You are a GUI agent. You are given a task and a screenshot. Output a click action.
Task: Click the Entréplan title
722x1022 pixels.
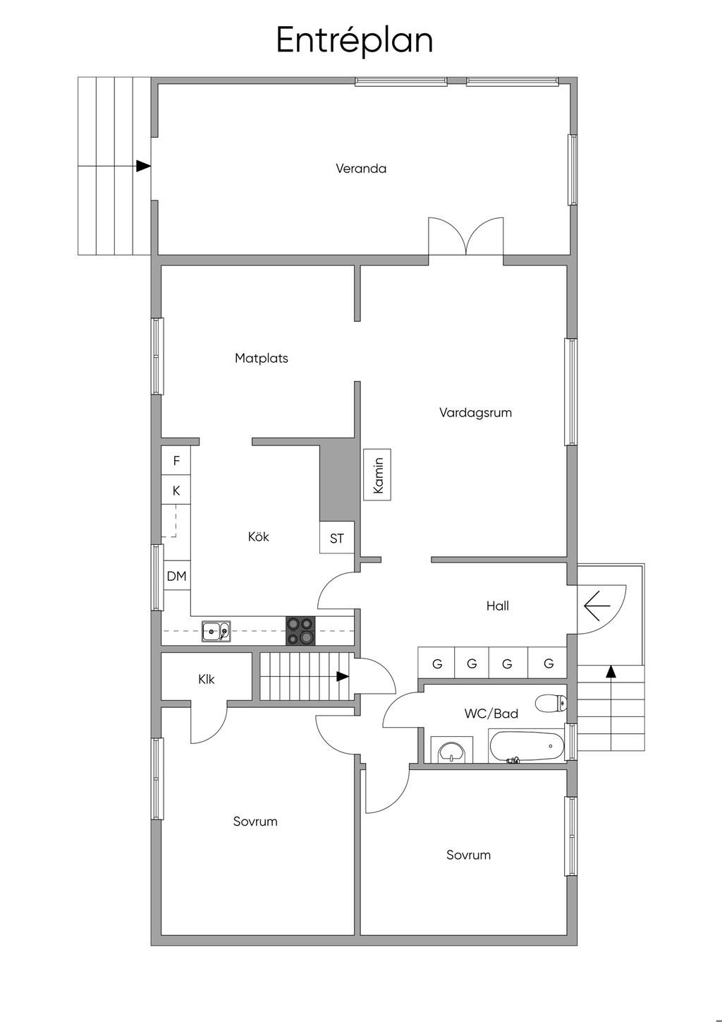[x=354, y=40]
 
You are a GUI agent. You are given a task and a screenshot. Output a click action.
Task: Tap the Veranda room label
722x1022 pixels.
[x=361, y=169]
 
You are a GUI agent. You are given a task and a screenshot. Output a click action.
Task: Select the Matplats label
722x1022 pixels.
[x=261, y=358]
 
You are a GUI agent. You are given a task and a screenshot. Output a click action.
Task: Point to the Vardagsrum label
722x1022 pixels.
[x=475, y=412]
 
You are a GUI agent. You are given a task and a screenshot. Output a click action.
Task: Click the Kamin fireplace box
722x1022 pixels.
[x=377, y=474]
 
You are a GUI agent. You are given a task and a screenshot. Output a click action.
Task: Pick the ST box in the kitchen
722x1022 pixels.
[x=337, y=537]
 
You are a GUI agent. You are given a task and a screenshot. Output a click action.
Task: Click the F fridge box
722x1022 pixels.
[x=176, y=460]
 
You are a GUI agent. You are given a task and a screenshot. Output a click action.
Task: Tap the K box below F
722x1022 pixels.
[x=176, y=490]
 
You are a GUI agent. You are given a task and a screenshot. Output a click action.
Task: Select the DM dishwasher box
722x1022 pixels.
[x=177, y=575]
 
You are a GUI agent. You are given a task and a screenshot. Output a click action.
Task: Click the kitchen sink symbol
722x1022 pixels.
[x=216, y=632]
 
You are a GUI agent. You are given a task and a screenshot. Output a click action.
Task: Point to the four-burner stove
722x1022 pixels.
[x=300, y=630]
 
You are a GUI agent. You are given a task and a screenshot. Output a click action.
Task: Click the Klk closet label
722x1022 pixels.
[x=206, y=680]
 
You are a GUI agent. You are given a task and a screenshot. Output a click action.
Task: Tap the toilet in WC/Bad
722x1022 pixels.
[x=551, y=703]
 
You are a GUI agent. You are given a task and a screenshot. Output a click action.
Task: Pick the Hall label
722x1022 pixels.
[x=497, y=606]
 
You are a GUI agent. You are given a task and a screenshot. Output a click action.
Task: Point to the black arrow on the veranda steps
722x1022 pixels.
[x=143, y=166]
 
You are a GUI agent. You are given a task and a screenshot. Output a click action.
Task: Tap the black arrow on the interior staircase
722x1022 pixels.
[x=342, y=676]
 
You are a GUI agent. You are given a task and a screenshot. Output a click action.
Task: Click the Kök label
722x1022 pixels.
[x=259, y=536]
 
